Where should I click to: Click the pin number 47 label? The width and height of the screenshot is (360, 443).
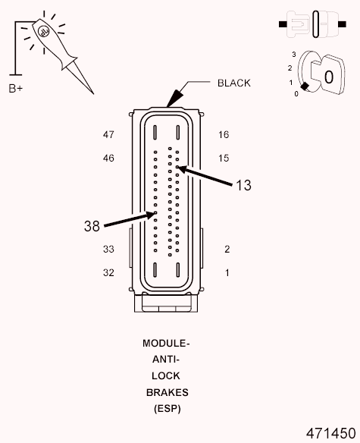108,135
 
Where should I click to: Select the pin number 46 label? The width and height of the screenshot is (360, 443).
108,159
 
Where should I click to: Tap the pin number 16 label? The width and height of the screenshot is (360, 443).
223,135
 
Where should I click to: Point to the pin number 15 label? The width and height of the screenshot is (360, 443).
223,159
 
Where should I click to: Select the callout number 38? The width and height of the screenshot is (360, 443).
92,225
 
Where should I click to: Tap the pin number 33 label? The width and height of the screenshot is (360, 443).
108,249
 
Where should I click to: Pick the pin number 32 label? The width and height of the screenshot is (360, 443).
108,272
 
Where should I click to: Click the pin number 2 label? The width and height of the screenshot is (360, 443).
227,249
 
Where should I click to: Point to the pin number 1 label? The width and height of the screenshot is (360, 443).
227,272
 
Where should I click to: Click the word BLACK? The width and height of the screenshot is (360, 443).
233,83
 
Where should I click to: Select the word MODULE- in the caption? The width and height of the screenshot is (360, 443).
166,343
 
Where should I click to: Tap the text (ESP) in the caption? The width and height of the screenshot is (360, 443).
167,410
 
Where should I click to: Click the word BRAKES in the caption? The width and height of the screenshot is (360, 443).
167,393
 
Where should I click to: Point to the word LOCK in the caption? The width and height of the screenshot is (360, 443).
167,376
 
